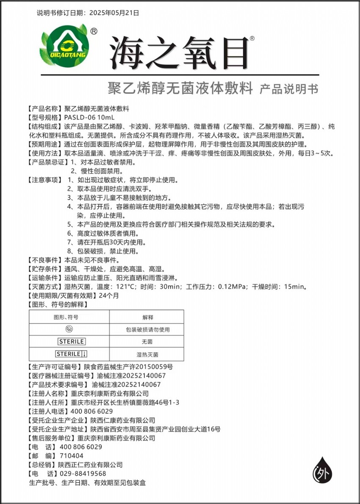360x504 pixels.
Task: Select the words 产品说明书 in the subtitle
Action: pyautogui.click(x=288, y=89)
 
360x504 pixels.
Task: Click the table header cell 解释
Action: pyautogui.click(x=147, y=317)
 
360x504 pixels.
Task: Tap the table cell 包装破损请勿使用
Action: pyautogui.click(x=147, y=329)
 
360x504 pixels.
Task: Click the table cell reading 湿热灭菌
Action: pyautogui.click(x=147, y=354)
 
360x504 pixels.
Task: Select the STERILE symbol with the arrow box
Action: pyautogui.click(x=71, y=354)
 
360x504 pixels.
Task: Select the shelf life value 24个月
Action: pyautogui.click(x=109, y=296)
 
